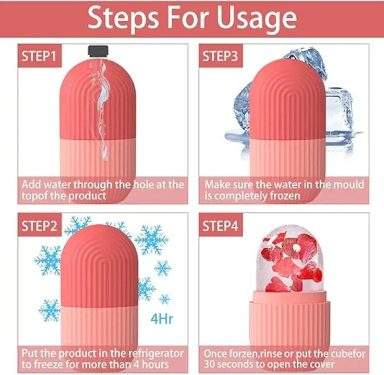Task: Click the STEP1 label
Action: coord(39,56)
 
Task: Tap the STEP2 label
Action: coord(39,226)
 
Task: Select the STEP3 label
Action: coord(221,56)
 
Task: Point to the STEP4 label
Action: coord(221,226)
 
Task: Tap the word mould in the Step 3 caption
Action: coord(348,184)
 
